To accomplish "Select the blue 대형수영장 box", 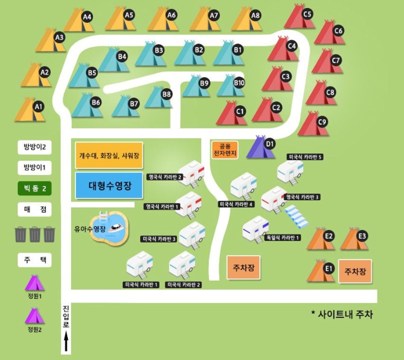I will [x=109, y=186].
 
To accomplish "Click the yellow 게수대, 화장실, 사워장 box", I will [x=109, y=156].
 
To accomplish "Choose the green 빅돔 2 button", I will [x=35, y=189].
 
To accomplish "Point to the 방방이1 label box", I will [x=35, y=167].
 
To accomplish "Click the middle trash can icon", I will [x=35, y=234].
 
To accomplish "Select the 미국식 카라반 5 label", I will [x=305, y=157].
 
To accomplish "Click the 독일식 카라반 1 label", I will [x=283, y=237].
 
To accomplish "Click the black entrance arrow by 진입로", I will [x=66, y=343].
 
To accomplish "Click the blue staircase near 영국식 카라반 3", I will [x=296, y=217].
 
